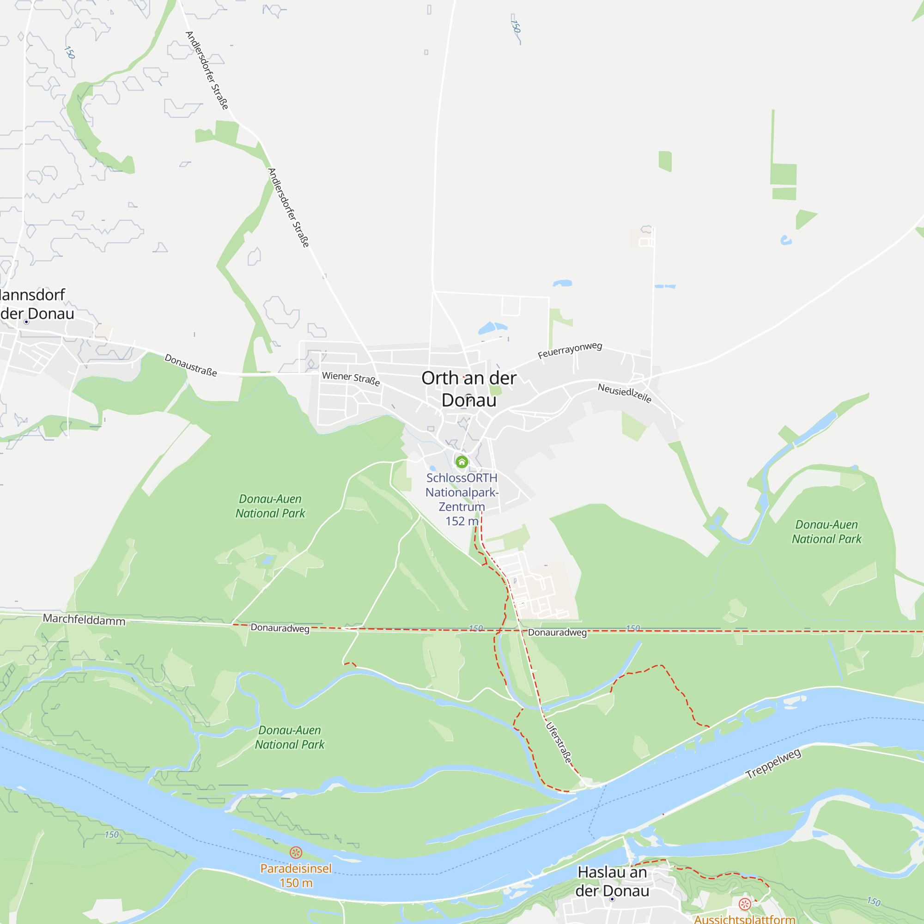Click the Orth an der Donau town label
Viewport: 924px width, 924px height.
point(468,389)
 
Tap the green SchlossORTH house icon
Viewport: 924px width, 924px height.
point(462,462)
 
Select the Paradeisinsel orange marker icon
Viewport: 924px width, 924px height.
point(296,852)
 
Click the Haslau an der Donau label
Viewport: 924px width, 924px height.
point(612,881)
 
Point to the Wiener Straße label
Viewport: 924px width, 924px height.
point(351,378)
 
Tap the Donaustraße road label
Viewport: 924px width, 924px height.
point(190,365)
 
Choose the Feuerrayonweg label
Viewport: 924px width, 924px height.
point(570,350)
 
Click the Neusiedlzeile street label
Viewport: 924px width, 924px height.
point(625,393)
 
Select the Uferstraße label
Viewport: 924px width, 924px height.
point(559,742)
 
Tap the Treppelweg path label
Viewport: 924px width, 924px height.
point(773,764)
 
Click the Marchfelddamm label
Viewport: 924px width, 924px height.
point(84,620)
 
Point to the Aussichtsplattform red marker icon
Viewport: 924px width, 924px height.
point(744,903)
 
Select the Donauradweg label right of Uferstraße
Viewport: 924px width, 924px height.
point(557,632)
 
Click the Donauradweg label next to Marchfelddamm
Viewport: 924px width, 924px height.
point(280,628)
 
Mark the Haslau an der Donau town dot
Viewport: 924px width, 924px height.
point(612,899)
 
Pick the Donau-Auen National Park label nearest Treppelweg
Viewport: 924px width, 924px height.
point(827,531)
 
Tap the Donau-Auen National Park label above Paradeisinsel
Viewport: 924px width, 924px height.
point(289,737)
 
